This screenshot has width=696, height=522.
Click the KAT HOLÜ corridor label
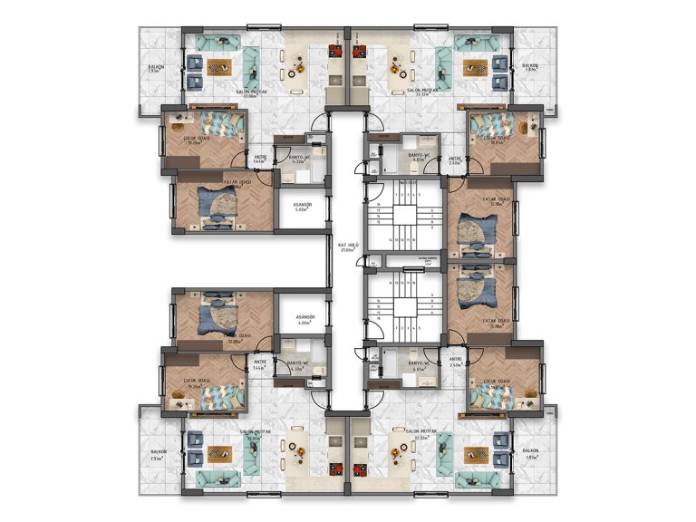(348, 246)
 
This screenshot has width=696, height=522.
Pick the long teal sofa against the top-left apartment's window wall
(217, 43)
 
